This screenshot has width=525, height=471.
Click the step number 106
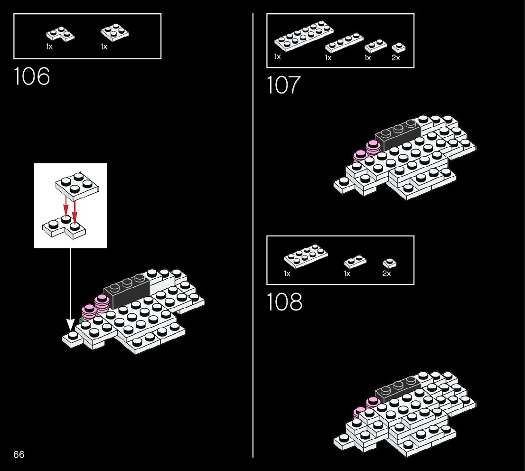(32, 76)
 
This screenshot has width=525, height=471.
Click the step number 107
(283, 85)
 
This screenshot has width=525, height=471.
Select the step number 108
(284, 302)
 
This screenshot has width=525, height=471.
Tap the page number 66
(19, 454)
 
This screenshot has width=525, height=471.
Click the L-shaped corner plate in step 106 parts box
(60, 34)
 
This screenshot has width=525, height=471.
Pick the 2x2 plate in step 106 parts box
(115, 32)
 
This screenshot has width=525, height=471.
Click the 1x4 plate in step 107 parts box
(344, 43)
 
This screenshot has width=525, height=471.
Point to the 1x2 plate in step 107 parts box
(375, 46)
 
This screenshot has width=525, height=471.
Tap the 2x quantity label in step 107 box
(395, 58)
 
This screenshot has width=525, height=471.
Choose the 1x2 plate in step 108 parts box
(355, 261)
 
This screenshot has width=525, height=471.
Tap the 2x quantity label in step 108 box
(386, 274)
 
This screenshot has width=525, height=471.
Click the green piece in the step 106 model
(81, 321)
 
